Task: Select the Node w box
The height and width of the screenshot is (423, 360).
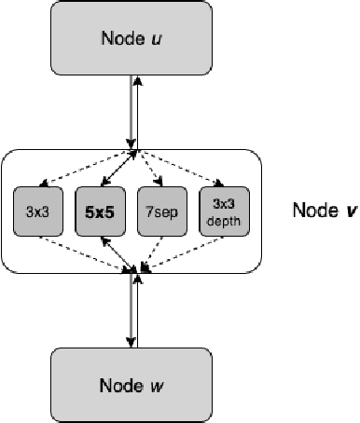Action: (136, 384)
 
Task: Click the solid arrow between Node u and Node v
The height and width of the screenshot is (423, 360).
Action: (134, 112)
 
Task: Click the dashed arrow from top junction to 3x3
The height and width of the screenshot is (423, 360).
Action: (84, 167)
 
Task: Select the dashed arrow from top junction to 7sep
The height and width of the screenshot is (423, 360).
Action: (149, 167)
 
